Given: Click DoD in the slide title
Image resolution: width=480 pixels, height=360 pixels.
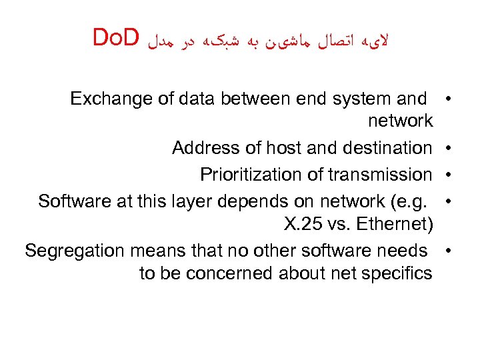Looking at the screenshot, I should point(115,39).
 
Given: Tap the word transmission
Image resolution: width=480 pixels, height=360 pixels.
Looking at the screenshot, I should point(379,175).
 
